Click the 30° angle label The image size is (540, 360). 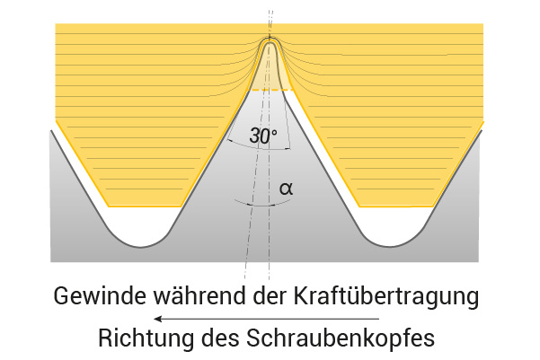point(263,136)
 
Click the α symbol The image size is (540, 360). point(287,189)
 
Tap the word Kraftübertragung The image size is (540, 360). point(386,296)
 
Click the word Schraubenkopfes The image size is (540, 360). point(341,338)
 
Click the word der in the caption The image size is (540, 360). point(270,295)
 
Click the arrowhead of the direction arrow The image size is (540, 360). point(157,319)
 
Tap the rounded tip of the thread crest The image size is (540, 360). point(270,40)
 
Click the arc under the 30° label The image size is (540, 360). point(258,147)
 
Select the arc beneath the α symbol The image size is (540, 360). point(262,205)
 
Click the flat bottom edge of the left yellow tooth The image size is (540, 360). point(145,206)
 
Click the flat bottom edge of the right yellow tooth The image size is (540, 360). point(396,206)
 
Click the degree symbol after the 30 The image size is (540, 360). point(274,132)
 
